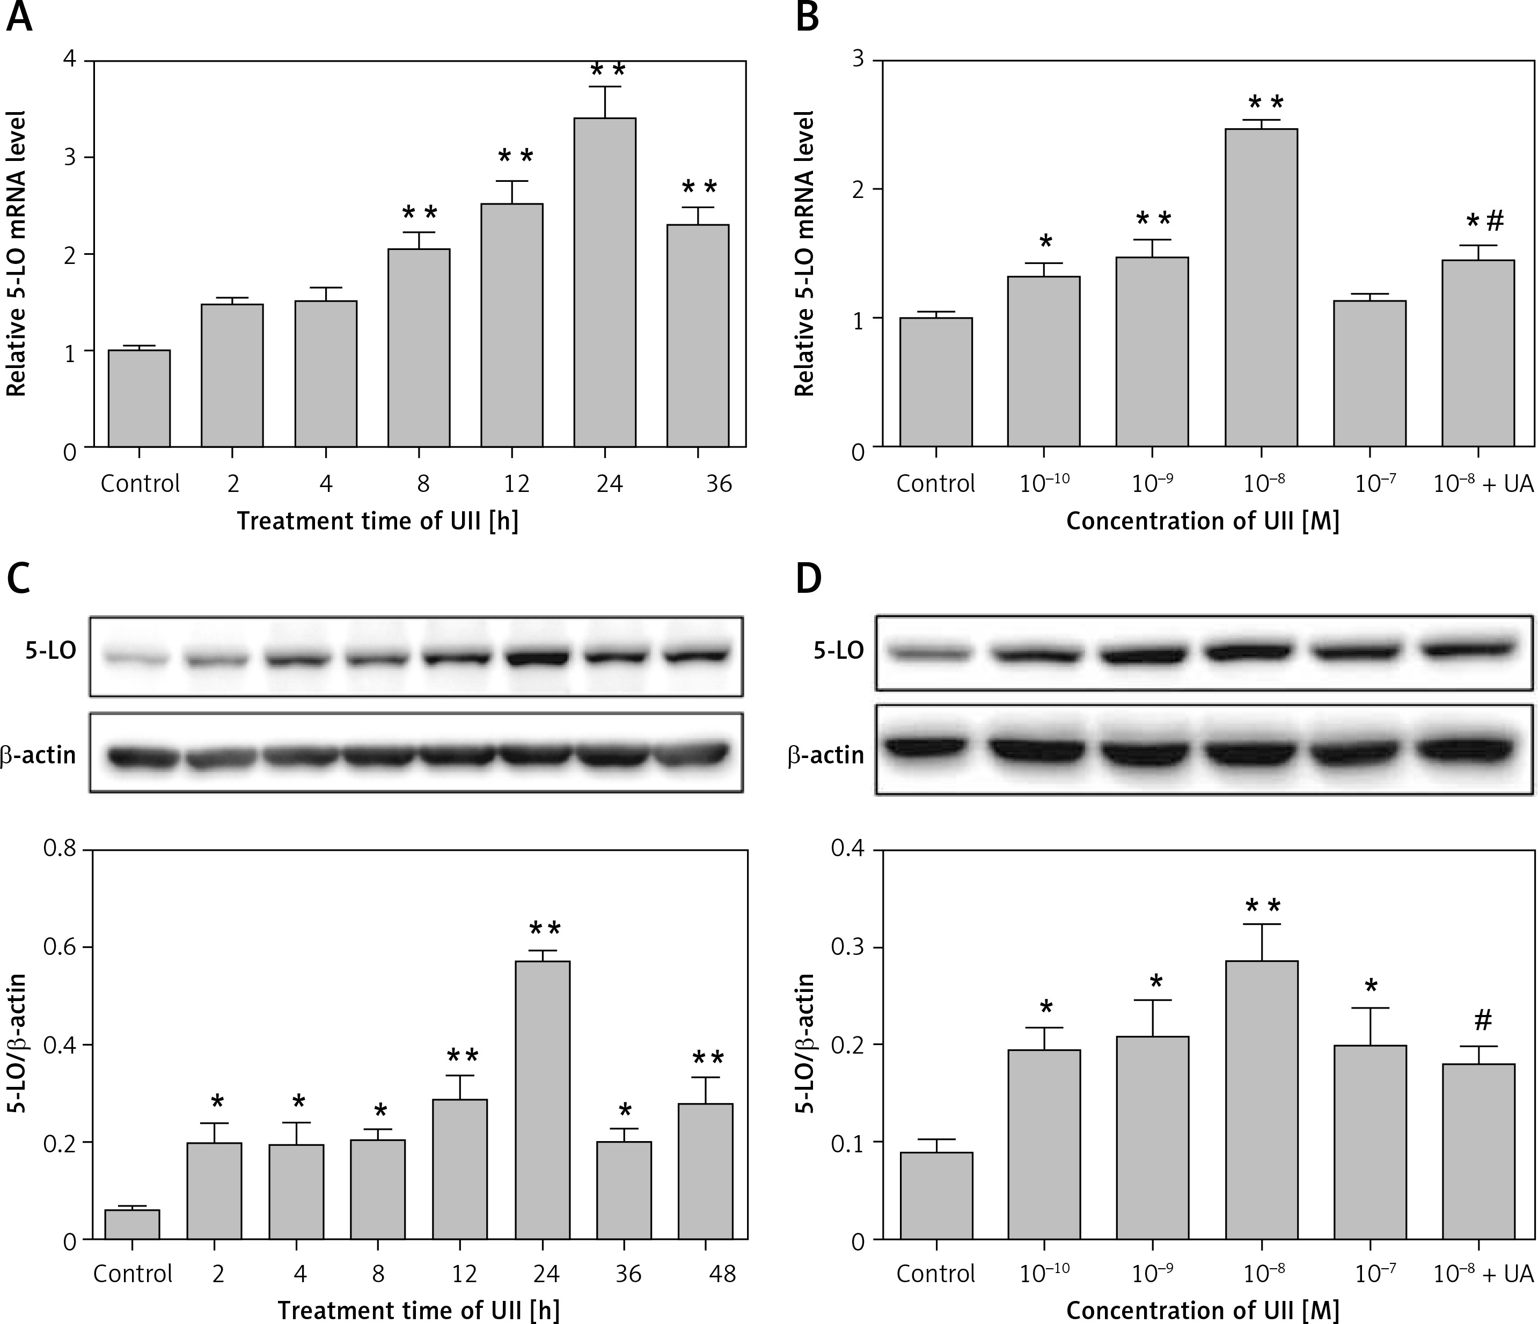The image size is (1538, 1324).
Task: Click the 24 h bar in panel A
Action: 604,282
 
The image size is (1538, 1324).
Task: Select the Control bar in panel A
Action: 140,398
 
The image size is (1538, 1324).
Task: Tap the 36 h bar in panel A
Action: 698,335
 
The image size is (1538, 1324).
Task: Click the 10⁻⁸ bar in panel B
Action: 1261,288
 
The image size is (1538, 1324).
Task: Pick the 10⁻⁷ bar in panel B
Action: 1369,373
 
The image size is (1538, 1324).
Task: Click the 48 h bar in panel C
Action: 705,1171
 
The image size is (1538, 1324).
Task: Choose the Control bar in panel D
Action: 936,1195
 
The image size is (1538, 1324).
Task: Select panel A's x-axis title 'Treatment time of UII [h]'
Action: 378,521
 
